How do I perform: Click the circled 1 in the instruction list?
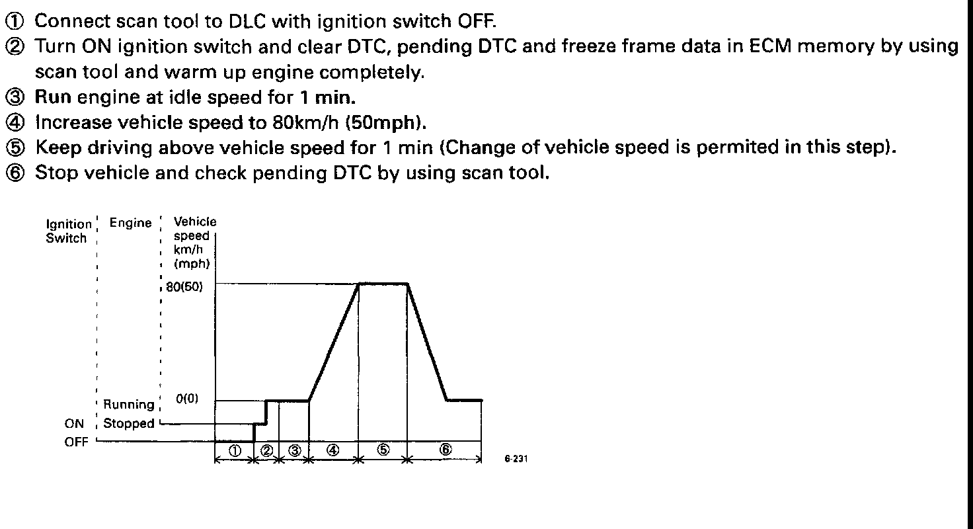coord(15,22)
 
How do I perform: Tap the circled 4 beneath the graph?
coord(332,450)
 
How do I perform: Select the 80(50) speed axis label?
coord(184,287)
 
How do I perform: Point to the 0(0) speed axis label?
coord(187,399)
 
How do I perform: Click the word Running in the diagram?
coord(129,404)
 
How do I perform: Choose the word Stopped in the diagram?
coord(129,423)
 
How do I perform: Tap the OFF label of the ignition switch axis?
coord(76,442)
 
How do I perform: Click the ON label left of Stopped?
coord(74,424)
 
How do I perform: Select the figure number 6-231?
coord(516,459)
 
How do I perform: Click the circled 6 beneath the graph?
coord(446,450)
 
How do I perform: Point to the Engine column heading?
coord(130,223)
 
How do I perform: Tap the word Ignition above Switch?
coord(69,224)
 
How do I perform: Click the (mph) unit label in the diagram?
coord(192,263)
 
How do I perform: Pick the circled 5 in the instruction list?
coord(15,148)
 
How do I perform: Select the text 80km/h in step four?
coord(305,122)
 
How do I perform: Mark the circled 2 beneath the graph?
coord(266,450)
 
